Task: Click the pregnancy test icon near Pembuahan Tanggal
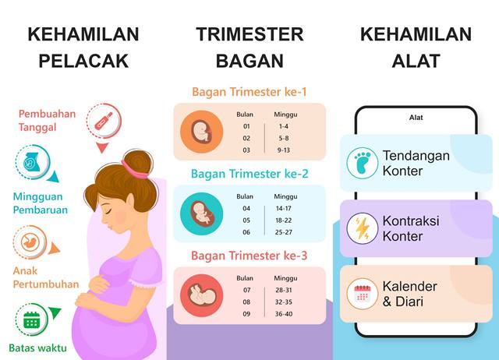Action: point(104,122)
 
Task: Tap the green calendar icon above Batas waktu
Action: point(31,319)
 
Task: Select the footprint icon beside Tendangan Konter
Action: point(362,163)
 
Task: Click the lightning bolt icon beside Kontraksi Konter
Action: point(362,228)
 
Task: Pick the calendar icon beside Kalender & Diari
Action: point(362,294)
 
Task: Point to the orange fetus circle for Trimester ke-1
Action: point(201,132)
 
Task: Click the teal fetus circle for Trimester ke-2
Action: point(201,214)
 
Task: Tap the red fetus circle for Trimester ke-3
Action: point(201,295)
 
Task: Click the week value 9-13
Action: point(283,150)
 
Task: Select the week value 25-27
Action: point(284,232)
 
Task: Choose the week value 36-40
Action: point(284,314)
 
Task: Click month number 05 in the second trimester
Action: point(246,220)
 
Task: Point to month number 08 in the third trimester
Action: point(246,302)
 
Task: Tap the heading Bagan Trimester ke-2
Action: point(249,174)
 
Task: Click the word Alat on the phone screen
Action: point(416,118)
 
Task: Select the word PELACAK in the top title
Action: point(83,61)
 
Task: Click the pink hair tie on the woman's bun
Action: point(134,169)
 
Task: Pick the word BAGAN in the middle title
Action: point(249,61)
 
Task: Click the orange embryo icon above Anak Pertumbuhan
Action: point(30,242)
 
